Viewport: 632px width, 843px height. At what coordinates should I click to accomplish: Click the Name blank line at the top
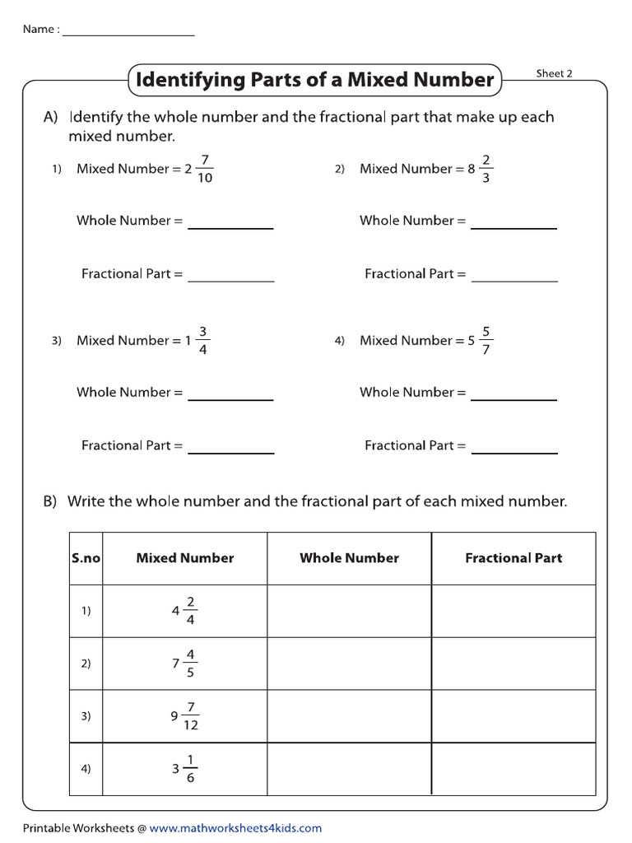(128, 35)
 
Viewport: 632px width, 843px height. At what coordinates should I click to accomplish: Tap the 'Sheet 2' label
(554, 73)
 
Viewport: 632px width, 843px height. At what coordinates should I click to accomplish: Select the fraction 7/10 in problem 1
(204, 169)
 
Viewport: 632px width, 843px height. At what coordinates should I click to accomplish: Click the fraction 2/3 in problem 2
(486, 169)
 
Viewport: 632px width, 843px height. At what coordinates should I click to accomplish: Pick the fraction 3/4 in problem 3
(203, 341)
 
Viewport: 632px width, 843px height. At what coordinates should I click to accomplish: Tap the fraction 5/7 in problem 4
(486, 341)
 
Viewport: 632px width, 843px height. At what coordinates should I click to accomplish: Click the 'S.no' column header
(86, 558)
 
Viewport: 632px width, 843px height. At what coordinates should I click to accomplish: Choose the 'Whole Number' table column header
(349, 558)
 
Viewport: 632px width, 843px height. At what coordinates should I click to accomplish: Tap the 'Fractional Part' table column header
(513, 558)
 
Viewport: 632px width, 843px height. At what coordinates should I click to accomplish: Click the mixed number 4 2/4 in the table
(185, 611)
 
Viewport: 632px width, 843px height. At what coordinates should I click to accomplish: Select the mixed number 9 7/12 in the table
(185, 716)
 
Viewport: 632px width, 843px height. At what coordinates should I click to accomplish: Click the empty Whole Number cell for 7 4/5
(349, 664)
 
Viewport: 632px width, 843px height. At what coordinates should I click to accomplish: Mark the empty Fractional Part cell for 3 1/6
(513, 769)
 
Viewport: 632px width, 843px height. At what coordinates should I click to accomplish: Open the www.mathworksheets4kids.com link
(235, 828)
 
